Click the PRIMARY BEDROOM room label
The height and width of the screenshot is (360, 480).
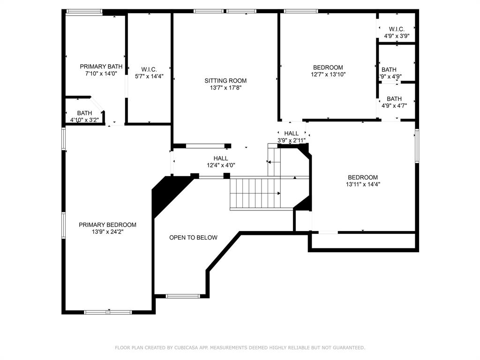[x=107, y=225]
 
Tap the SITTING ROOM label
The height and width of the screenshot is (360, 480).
[x=225, y=81]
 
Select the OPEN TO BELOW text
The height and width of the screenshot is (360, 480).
[x=194, y=238]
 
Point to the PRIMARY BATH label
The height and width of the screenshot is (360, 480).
[x=101, y=67]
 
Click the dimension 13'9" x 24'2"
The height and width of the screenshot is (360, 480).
[x=107, y=232]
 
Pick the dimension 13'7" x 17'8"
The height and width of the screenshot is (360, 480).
[x=225, y=88]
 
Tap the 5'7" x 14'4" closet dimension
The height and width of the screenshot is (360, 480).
[x=150, y=76]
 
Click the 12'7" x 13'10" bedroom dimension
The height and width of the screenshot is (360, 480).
[x=328, y=75]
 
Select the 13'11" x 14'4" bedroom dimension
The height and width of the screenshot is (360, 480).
[x=363, y=184]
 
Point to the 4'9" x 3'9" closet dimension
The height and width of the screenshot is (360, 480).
[x=397, y=36]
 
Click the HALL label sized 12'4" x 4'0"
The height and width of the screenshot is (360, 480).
[x=221, y=158]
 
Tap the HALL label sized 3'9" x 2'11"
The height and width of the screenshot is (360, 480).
[x=292, y=134]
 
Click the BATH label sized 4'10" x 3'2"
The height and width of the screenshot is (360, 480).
[x=84, y=113]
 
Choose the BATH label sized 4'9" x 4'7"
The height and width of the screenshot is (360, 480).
[x=394, y=99]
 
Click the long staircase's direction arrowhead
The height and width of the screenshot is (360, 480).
[x=279, y=194]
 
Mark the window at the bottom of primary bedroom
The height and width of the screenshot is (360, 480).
[x=108, y=312]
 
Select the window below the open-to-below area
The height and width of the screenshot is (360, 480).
[x=183, y=296]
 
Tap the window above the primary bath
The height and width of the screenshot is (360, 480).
[x=84, y=12]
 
